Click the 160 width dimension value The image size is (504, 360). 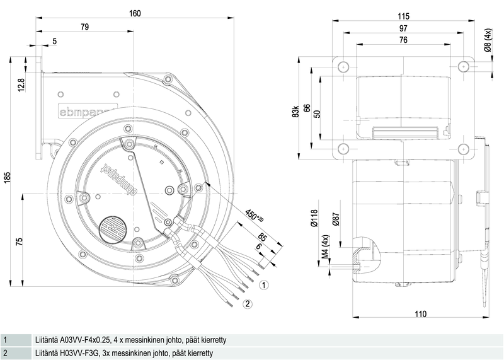pyautogui.click(x=135, y=13)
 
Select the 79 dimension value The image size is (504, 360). pyautogui.click(x=84, y=27)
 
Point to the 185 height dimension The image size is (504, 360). pyautogui.click(x=8, y=178)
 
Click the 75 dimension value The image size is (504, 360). pyautogui.click(x=20, y=242)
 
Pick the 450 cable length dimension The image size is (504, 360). pyautogui.click(x=255, y=216)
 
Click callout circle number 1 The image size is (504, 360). pyautogui.click(x=264, y=285)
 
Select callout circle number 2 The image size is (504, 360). pyautogui.click(x=247, y=304)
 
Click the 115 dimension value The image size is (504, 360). pyautogui.click(x=403, y=16)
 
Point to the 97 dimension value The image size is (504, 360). pyautogui.click(x=403, y=28)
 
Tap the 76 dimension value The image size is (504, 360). pyautogui.click(x=403, y=40)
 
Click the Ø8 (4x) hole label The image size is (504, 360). pyautogui.click(x=488, y=40)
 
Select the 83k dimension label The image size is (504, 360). pyautogui.click(x=295, y=112)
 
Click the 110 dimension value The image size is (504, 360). pyautogui.click(x=421, y=314)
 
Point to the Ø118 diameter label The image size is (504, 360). pyautogui.click(x=314, y=218)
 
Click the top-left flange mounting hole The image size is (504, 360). pyautogui.click(x=343, y=67)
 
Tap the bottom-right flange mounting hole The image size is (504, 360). pyautogui.click(x=463, y=149)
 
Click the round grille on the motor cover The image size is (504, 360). pyautogui.click(x=112, y=229)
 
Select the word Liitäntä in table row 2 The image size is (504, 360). pyautogui.click(x=45, y=353)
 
